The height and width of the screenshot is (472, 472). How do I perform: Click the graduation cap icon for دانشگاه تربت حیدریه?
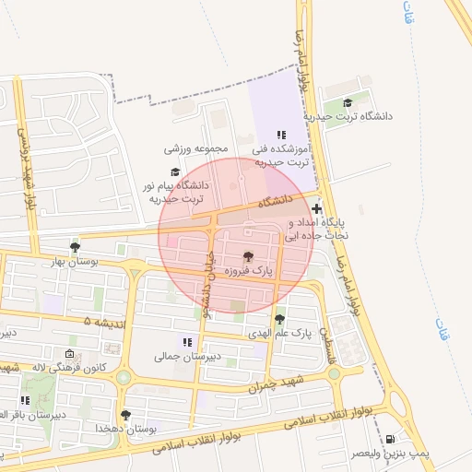coord(348,103)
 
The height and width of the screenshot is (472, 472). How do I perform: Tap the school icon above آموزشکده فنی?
coord(282,135)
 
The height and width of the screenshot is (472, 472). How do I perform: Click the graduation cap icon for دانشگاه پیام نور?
coord(175,171)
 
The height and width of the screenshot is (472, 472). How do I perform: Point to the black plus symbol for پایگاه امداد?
coord(317,209)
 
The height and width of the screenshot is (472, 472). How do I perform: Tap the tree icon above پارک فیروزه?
coord(247,255)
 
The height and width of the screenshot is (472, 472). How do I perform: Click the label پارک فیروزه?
coord(247,271)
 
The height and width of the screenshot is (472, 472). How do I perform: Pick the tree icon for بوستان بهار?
coord(75,247)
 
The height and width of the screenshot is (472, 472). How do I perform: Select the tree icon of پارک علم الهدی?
coord(279,318)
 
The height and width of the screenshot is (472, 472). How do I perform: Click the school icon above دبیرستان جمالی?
coord(188,342)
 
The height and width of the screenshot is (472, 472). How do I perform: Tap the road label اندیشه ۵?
coord(100,322)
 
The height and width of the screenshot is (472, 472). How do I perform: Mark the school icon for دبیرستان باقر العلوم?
coord(25,400)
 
